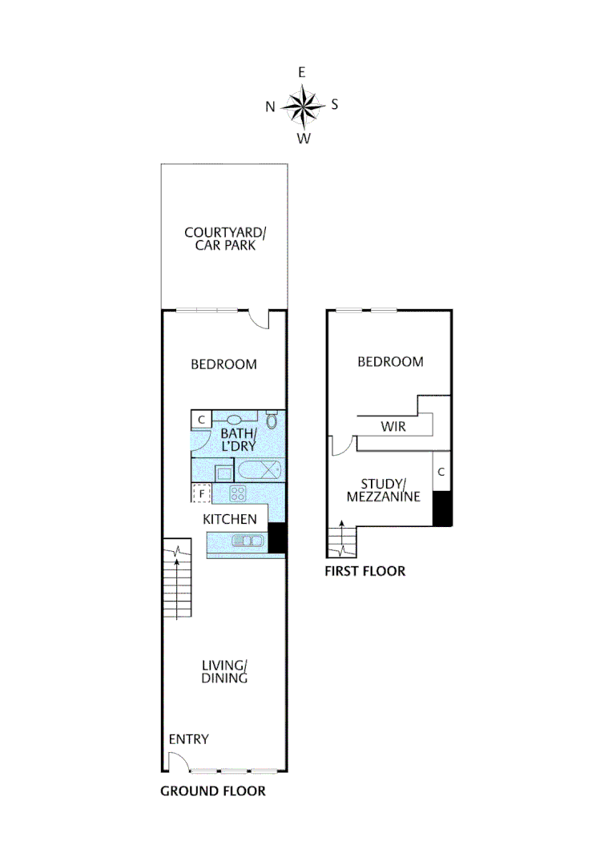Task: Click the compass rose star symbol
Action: point(302,106)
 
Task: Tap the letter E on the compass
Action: point(302,73)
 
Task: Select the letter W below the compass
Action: point(303,139)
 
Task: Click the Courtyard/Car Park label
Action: point(225,239)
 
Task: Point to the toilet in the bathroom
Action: point(272,420)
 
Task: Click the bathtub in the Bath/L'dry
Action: point(258,470)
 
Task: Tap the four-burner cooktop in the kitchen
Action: point(238,493)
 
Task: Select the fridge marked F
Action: point(201,493)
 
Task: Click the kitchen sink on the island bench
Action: point(247,541)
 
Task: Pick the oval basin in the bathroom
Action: point(235,420)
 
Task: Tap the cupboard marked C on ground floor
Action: point(201,419)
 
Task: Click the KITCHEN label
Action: point(230,519)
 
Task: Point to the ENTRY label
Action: point(188,739)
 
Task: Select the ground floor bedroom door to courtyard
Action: point(258,319)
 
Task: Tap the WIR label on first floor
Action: point(393,427)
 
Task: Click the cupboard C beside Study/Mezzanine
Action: point(441,473)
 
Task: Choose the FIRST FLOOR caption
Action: point(364,571)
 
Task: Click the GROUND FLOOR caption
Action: point(213,791)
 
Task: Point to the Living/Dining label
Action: point(224,672)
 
